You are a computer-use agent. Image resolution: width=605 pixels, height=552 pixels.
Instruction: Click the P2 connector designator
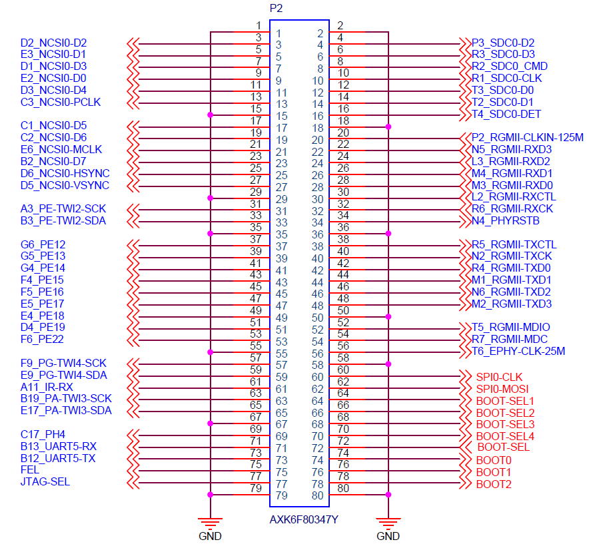(x=276, y=9)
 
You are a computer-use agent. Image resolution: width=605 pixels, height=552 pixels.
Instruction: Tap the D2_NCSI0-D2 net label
(x=54, y=43)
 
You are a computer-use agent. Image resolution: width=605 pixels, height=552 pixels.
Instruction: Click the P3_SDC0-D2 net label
(x=503, y=43)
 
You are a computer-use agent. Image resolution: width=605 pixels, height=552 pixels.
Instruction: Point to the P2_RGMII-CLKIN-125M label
(x=528, y=138)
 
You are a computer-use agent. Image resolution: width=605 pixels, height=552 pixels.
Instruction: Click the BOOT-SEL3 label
(x=505, y=425)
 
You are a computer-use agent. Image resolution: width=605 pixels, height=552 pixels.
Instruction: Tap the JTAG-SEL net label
(x=45, y=482)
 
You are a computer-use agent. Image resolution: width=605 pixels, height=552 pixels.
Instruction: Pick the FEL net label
(x=29, y=470)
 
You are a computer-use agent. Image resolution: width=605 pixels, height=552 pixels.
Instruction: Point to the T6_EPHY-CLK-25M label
(x=518, y=352)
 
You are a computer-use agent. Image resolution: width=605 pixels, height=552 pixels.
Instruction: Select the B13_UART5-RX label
(x=59, y=447)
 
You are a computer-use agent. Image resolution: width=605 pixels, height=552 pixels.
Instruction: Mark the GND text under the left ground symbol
(x=210, y=536)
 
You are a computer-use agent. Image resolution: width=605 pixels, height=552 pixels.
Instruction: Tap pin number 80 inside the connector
(x=318, y=495)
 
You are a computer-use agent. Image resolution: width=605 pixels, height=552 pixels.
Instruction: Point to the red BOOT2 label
(x=494, y=484)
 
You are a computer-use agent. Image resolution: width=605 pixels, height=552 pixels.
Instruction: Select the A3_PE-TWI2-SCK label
(x=63, y=209)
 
